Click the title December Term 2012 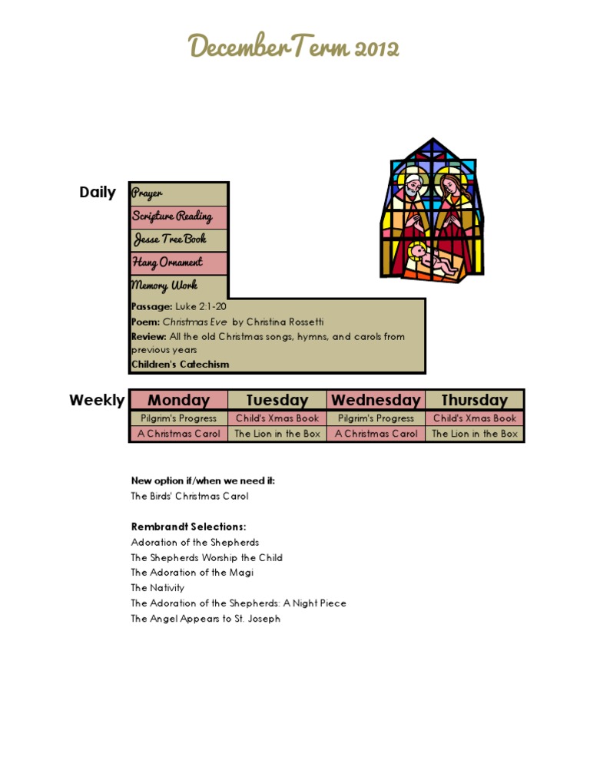(294, 48)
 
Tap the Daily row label (98, 193)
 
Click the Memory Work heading (164, 286)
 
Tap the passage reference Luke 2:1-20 (201, 306)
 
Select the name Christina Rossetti (285, 322)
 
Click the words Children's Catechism (180, 365)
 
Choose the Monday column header (178, 400)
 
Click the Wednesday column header (376, 400)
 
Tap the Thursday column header (475, 400)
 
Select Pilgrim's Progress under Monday (179, 418)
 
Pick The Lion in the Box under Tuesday (277, 434)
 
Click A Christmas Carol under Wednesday (376, 434)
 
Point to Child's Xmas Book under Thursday (475, 418)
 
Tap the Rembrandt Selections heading (188, 527)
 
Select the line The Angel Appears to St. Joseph (205, 619)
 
